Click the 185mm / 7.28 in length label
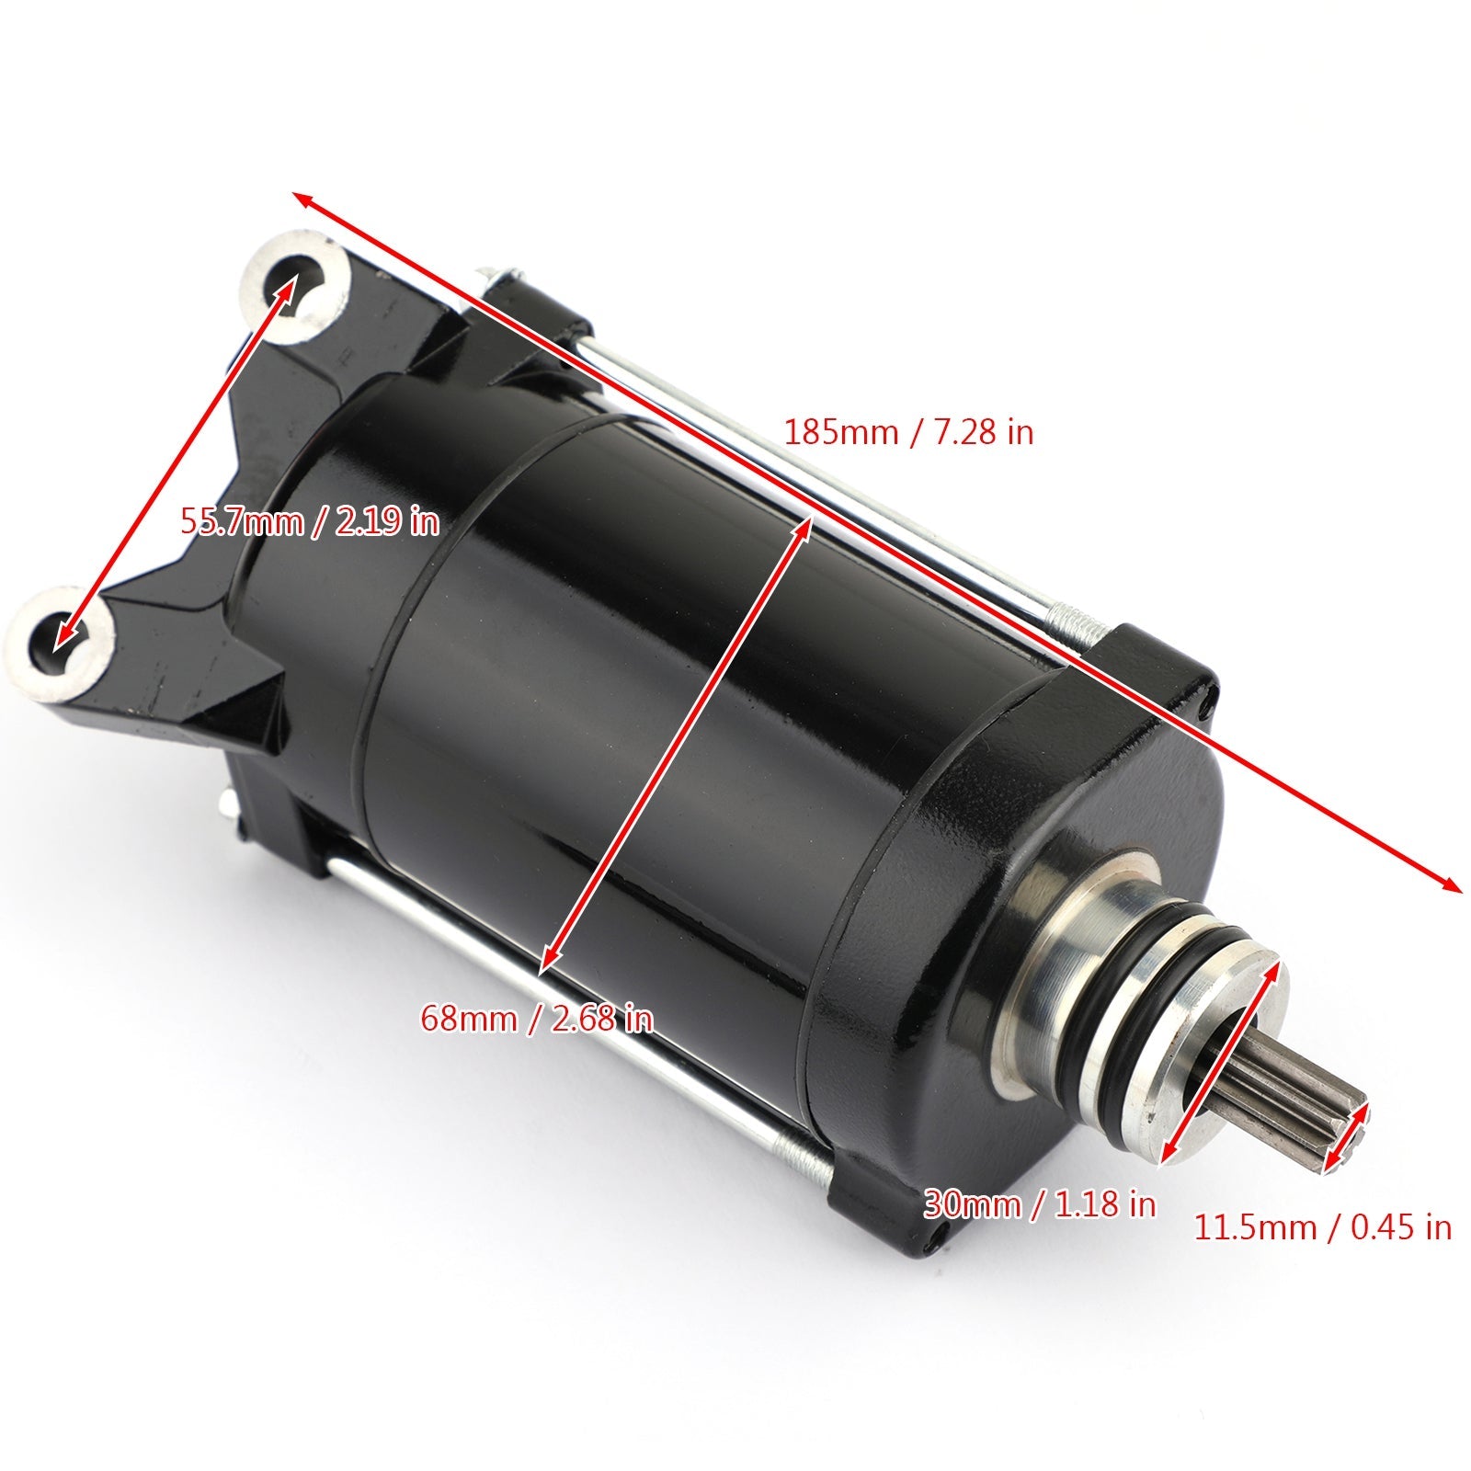pos(908,432)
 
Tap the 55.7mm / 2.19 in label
pos(310,522)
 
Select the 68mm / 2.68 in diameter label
pos(537,1018)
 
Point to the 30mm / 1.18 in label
pos(1039,1204)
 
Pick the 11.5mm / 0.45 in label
pos(1322,1227)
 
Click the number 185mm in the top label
pos(839,432)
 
